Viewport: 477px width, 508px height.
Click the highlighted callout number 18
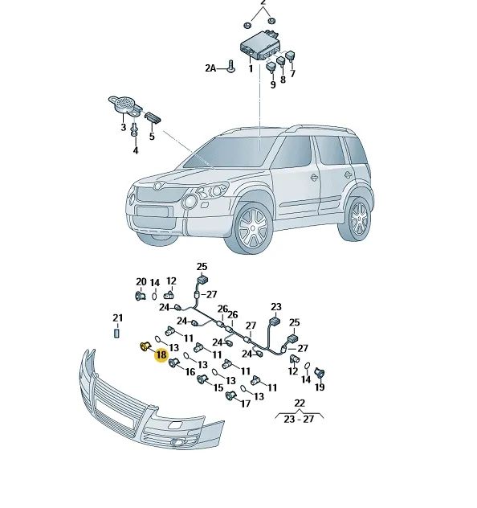[x=161, y=354]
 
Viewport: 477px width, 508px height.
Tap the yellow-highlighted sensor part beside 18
[x=145, y=346]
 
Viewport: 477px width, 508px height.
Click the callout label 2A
[x=210, y=68]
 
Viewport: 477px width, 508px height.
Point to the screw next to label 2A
[x=230, y=66]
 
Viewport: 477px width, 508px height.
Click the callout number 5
[x=152, y=136]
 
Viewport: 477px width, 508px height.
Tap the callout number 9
[x=273, y=84]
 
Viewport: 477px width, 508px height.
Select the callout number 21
[x=118, y=317]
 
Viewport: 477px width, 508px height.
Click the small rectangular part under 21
[x=117, y=333]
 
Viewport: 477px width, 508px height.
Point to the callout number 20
[x=141, y=282]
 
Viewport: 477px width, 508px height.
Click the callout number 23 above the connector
[x=276, y=306]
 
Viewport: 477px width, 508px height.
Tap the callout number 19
[x=320, y=387]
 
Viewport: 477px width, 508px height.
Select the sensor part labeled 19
[x=320, y=375]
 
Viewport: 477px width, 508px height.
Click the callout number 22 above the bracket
[x=300, y=403]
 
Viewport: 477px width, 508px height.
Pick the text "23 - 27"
[x=299, y=420]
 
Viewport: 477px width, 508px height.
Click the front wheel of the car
[x=252, y=228]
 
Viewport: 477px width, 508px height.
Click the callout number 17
[x=246, y=404]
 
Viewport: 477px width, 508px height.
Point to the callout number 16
[x=190, y=371]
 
